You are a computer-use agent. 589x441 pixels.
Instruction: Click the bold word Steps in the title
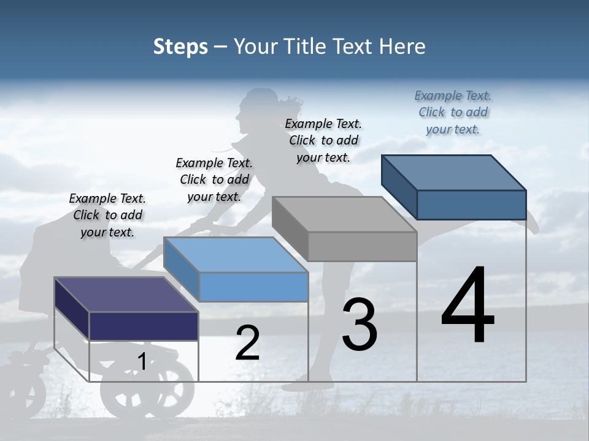click(180, 47)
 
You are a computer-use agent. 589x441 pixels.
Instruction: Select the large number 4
click(468, 306)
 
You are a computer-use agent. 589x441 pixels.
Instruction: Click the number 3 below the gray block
click(360, 325)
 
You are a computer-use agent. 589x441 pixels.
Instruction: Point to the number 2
click(247, 343)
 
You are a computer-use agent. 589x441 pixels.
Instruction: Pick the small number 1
click(142, 362)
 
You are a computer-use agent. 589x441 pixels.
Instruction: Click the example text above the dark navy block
click(107, 215)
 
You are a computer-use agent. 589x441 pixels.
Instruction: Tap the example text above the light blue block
click(214, 179)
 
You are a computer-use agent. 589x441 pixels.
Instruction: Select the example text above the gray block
click(323, 140)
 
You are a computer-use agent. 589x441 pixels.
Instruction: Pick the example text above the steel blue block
click(453, 112)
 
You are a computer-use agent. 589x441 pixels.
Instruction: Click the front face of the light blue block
click(253, 287)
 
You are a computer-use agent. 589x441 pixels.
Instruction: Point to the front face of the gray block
click(362, 247)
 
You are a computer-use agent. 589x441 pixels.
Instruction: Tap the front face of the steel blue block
click(471, 205)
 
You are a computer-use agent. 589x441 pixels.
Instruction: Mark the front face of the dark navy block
click(144, 326)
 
